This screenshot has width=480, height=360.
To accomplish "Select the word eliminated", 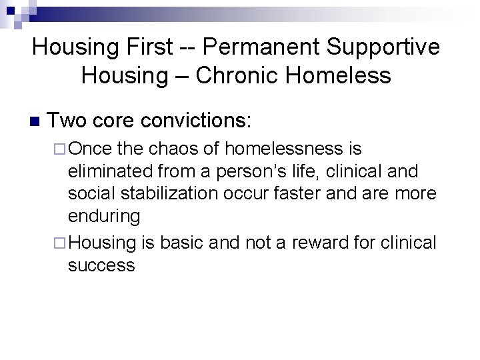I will (107, 171).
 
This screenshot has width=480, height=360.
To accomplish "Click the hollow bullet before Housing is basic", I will (59, 243).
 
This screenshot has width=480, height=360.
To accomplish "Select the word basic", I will (180, 243).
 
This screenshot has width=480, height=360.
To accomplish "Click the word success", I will (101, 266).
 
